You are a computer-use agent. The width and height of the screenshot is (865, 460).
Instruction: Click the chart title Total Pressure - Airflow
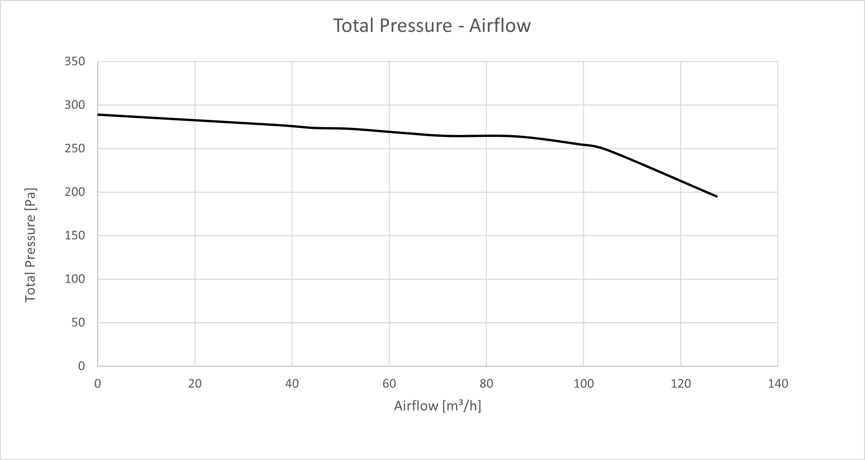[x=432, y=26]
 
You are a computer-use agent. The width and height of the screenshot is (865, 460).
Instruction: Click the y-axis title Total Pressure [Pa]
[x=31, y=245]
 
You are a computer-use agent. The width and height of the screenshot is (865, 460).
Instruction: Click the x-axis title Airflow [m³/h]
[x=437, y=406]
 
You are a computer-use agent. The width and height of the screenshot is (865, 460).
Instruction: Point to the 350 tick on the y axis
[x=74, y=62]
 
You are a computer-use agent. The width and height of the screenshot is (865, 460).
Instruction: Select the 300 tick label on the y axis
[x=74, y=105]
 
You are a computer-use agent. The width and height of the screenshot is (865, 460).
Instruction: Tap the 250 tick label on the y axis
[x=74, y=149]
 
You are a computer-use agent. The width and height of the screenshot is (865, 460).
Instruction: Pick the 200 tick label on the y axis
[x=74, y=192]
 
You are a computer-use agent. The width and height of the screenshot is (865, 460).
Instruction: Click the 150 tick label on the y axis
[x=74, y=236]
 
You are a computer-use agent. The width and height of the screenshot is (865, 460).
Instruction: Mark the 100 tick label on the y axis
[x=74, y=279]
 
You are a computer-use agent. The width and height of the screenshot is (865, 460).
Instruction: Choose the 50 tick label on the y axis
[x=78, y=323]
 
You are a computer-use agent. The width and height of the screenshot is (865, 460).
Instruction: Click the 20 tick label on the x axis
[x=195, y=384]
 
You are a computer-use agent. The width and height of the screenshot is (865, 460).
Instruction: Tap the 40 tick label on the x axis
[x=292, y=384]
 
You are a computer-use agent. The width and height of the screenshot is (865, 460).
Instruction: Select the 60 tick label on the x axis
[x=389, y=384]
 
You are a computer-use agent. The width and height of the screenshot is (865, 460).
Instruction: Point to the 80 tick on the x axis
[x=486, y=384]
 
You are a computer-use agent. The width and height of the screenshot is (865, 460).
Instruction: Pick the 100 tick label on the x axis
[x=584, y=384]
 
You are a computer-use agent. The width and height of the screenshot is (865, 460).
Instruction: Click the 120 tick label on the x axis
[x=681, y=384]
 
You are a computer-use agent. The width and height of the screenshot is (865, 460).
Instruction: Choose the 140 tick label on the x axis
[x=778, y=384]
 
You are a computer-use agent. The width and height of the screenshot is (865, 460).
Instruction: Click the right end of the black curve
[x=716, y=197]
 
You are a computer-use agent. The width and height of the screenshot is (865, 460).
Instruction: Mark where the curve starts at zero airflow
[x=98, y=115]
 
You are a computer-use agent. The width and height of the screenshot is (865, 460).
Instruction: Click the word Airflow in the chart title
[x=500, y=26]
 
